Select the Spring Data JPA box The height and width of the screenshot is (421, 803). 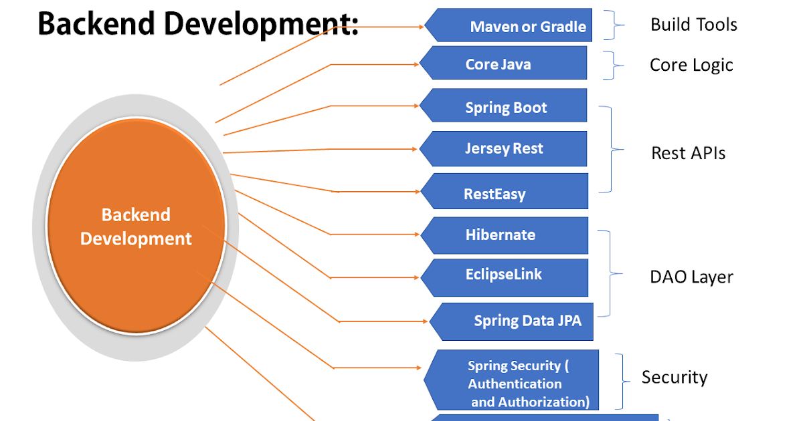515,321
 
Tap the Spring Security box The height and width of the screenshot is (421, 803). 515,384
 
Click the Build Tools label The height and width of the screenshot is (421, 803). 693,25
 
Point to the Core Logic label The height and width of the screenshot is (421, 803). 691,65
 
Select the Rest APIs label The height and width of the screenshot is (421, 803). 688,153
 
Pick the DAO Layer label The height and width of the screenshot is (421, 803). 691,277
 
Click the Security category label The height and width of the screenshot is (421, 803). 674,378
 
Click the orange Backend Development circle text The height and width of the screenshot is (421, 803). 136,227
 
